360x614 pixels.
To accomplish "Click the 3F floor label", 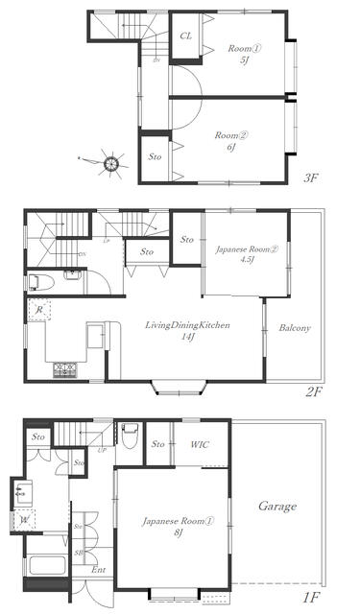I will click(310, 177).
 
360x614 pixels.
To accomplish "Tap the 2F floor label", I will click(310, 392).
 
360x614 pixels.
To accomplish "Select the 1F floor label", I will click(310, 598).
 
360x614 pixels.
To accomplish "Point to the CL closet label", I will click(185, 35).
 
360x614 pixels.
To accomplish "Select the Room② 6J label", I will click(228, 141).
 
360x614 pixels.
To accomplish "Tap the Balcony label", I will click(295, 329).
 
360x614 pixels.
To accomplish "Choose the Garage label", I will click(277, 506).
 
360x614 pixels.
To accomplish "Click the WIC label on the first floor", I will click(201, 444).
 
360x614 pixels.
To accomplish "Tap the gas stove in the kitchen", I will click(64, 367).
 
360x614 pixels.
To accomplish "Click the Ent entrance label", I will click(99, 570).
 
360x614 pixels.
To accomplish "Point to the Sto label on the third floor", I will click(155, 155).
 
